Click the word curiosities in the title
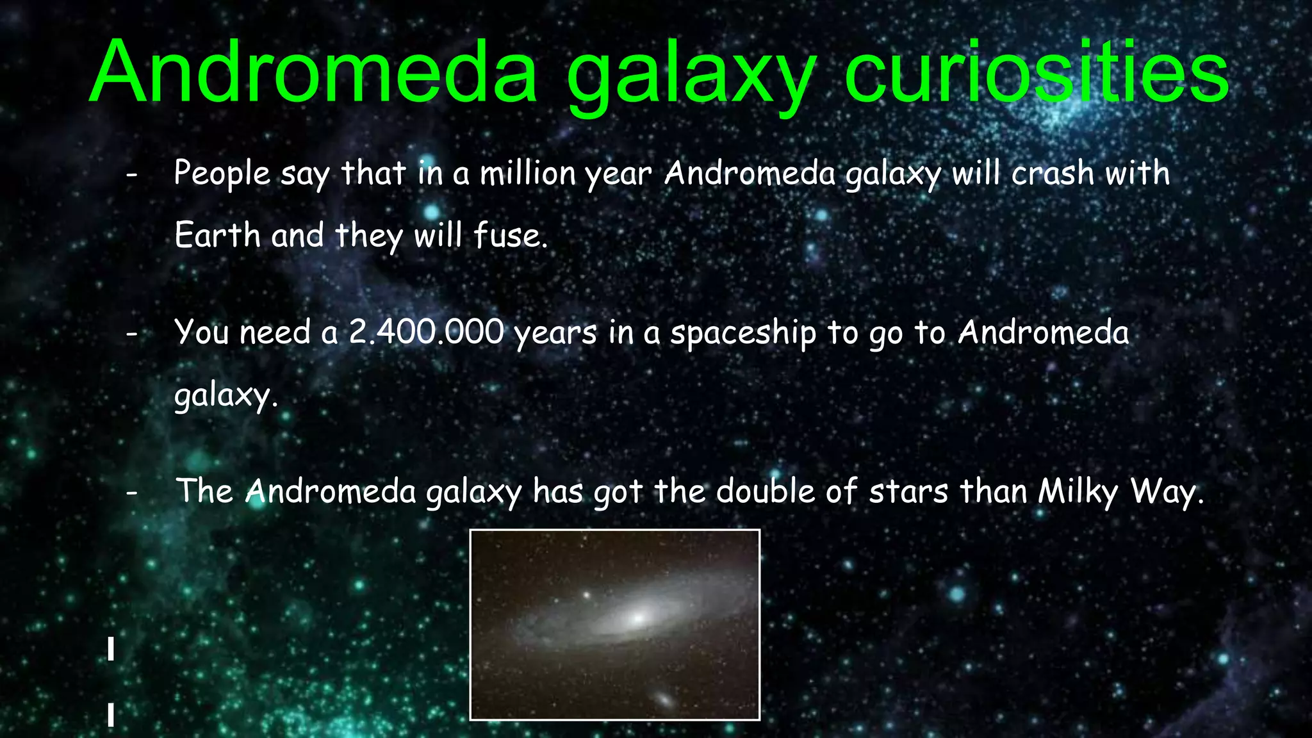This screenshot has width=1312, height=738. pos(1036,72)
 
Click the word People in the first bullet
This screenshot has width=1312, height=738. pos(222,174)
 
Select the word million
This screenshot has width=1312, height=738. pos(528,174)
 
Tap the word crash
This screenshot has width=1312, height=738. pos(1053,174)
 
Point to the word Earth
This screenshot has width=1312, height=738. pos(217,235)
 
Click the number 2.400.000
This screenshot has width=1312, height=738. pos(426,332)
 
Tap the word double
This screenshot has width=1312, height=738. pos(766,491)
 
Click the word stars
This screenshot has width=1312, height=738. pos(908,491)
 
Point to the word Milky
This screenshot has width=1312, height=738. pos(1078,492)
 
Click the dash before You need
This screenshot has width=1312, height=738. pos(132,334)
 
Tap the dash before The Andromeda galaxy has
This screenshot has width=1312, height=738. pos(132,493)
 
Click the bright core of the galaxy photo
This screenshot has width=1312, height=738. pos(637,618)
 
